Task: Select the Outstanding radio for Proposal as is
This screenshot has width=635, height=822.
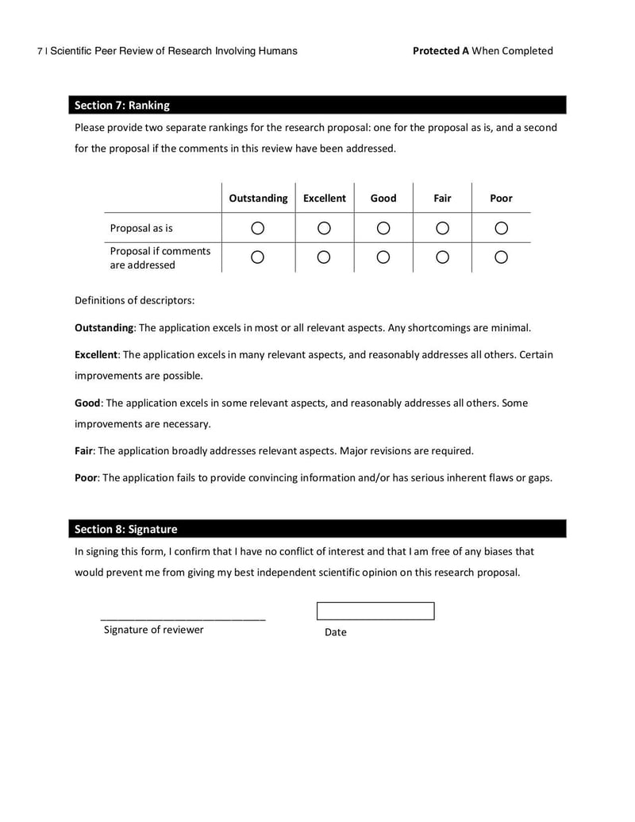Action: [257, 228]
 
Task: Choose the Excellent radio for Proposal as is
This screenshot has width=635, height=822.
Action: [324, 228]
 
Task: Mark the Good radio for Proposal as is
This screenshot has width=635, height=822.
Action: [383, 228]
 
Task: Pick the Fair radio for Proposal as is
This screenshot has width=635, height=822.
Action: [443, 228]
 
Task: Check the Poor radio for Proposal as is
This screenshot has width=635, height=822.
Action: [501, 228]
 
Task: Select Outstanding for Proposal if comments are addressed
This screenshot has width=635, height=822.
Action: [257, 257]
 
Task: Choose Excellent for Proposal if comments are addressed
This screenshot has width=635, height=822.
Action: [324, 257]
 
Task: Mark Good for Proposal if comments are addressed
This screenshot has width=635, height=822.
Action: [383, 257]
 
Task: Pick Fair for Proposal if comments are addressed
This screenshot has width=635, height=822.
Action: [443, 257]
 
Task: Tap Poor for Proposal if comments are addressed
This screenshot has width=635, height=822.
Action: [501, 257]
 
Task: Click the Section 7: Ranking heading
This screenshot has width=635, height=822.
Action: [122, 105]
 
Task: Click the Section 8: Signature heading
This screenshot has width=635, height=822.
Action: [126, 529]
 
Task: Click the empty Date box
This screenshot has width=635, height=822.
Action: [375, 611]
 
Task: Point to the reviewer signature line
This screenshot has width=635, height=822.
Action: [183, 617]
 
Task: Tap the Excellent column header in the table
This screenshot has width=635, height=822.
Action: [325, 199]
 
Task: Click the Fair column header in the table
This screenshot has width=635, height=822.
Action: [442, 199]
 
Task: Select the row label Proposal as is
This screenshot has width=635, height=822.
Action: [141, 229]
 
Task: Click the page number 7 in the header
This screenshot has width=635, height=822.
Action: [40, 52]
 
